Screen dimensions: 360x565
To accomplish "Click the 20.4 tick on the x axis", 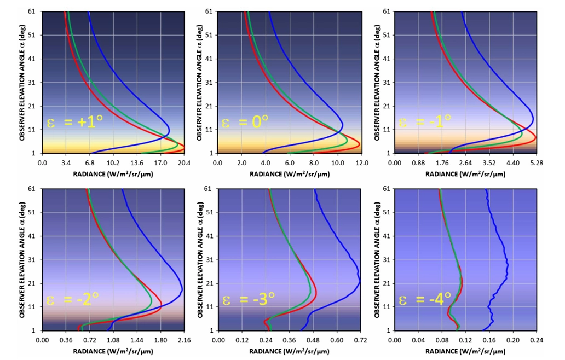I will point(184,162).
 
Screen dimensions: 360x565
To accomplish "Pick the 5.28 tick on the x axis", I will point(536,162).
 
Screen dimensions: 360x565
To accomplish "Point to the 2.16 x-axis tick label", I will point(184,340).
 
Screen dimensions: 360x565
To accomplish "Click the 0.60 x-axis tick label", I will point(337,340).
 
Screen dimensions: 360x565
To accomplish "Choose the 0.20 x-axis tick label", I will point(512,340).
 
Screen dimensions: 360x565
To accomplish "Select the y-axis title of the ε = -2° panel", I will point(22,259).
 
